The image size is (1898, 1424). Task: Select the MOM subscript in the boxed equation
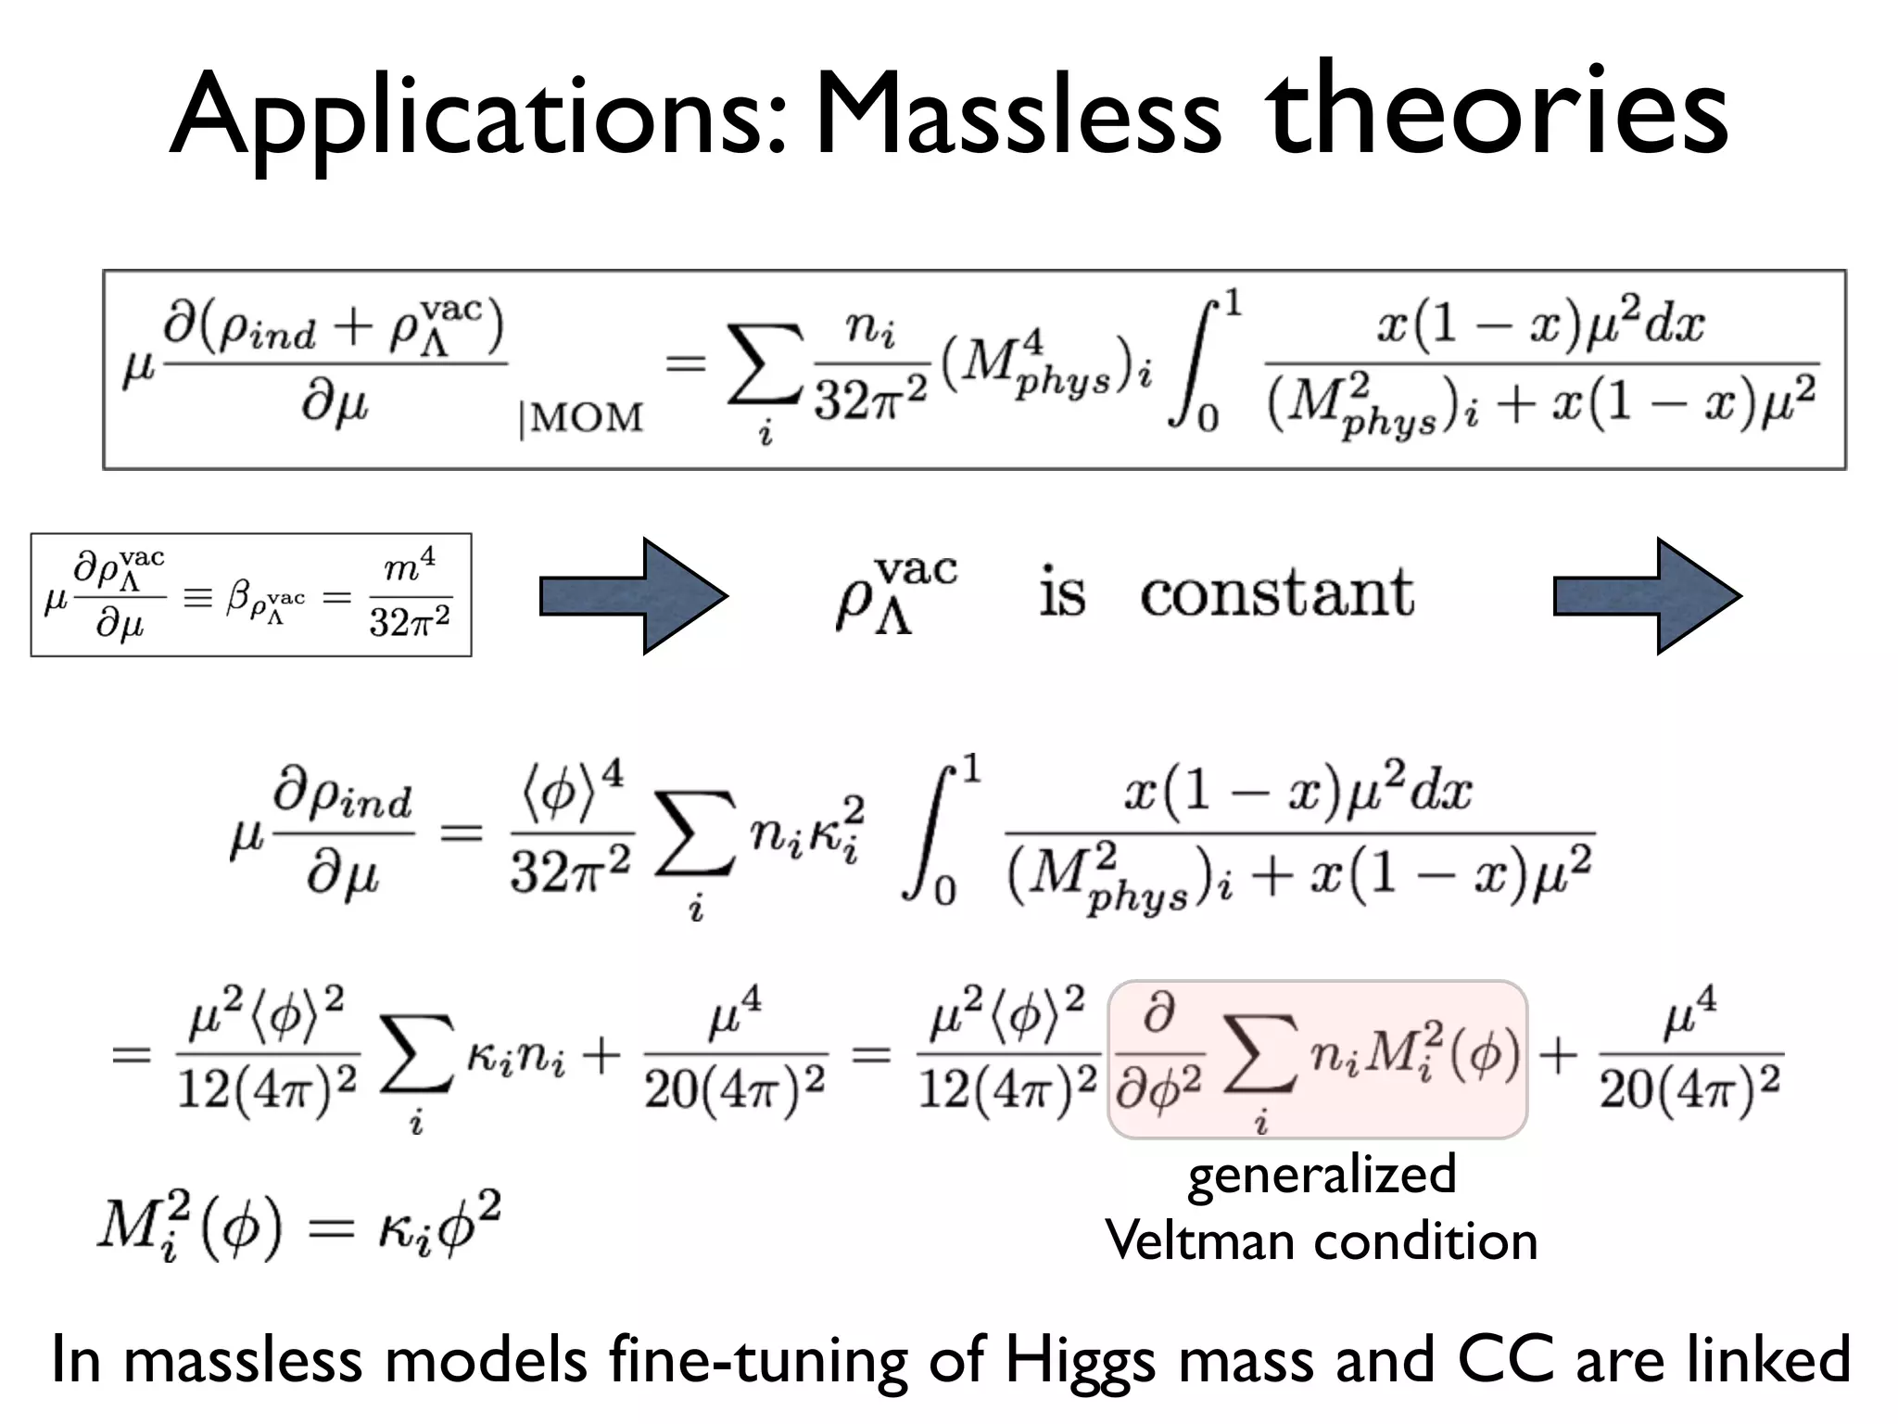pyautogui.click(x=582, y=419)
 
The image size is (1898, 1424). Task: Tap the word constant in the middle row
pyautogui.click(x=1276, y=593)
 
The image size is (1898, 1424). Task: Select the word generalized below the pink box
pyautogui.click(x=1322, y=1176)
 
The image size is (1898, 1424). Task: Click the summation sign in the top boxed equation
pyautogui.click(x=765, y=366)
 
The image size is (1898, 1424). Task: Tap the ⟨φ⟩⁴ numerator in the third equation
pyautogui.click(x=569, y=789)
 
